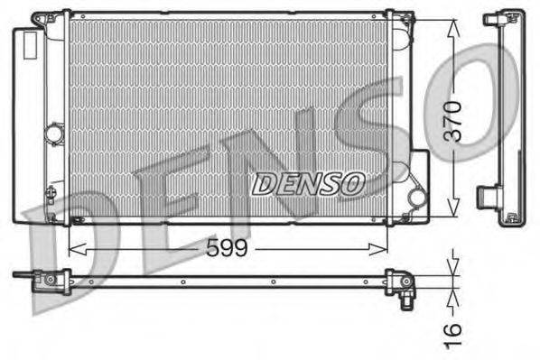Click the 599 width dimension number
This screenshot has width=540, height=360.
click(227, 247)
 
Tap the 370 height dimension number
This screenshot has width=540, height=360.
click(453, 119)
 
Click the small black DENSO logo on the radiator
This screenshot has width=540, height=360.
click(307, 184)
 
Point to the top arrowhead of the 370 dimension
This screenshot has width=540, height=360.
click(452, 20)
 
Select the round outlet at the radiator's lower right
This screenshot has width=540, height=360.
click(416, 196)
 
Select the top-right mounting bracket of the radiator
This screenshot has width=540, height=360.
click(397, 19)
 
